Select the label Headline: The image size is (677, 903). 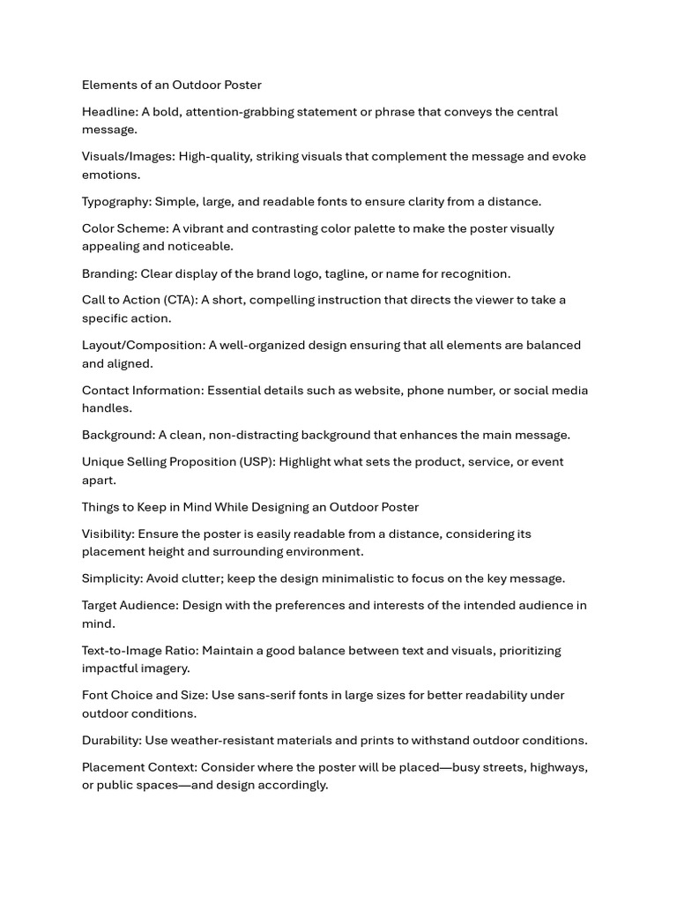[109, 112]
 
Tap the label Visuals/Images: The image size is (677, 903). [129, 157]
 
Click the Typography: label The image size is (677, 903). [116, 202]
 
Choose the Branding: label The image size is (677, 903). [109, 273]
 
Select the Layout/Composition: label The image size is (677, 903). [144, 346]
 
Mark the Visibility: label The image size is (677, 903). [108, 534]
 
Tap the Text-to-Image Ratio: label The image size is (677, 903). [140, 651]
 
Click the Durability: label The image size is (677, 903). [112, 741]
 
